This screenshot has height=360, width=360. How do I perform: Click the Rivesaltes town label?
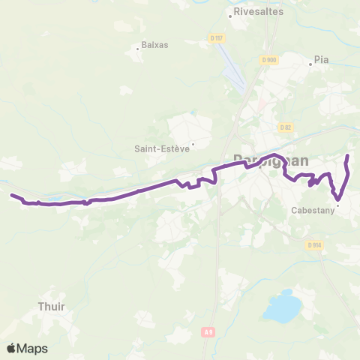[257, 13]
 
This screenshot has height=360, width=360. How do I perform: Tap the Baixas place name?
[154, 44]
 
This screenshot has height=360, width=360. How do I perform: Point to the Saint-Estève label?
[160, 148]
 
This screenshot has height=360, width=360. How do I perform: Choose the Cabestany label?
[312, 211]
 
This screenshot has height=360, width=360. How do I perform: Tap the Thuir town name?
[50, 306]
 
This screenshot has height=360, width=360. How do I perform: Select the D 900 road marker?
[270, 59]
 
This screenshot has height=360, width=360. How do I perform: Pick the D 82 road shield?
[285, 127]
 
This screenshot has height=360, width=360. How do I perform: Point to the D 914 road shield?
[313, 244]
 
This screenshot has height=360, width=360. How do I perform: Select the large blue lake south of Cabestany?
[281, 307]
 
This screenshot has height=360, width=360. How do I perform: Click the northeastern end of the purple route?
[347, 155]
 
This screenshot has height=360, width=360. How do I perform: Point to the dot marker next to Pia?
[310, 64]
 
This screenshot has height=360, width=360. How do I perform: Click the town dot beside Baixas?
[137, 49]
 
